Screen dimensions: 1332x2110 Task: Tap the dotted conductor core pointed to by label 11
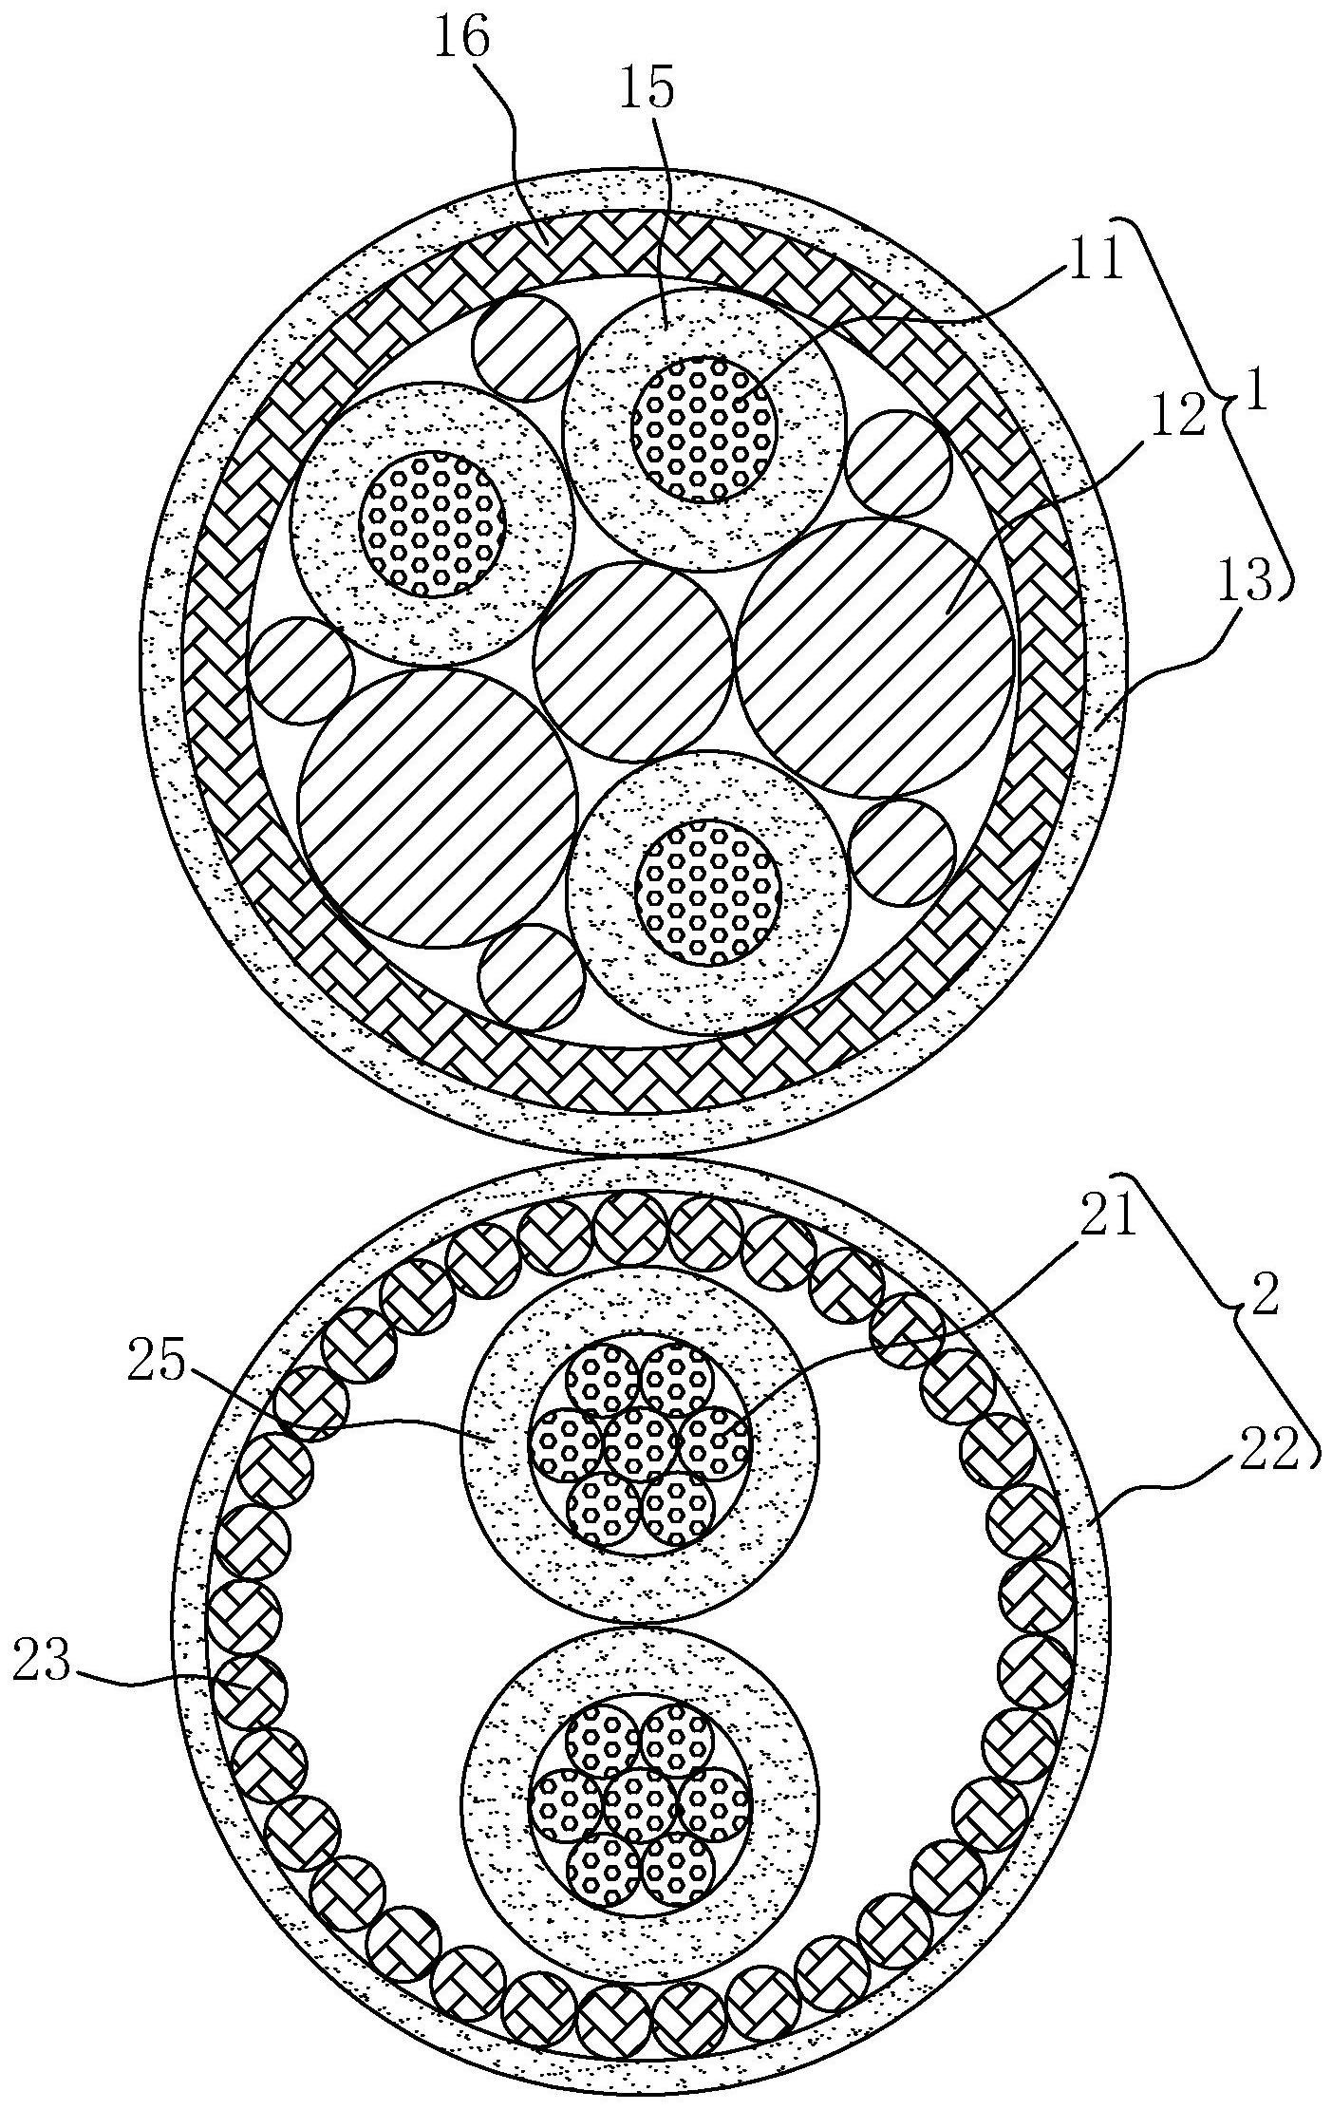tap(704, 429)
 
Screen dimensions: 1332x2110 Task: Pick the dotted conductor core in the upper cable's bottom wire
tap(708, 891)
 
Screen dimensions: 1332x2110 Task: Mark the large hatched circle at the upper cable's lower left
tap(438, 808)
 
